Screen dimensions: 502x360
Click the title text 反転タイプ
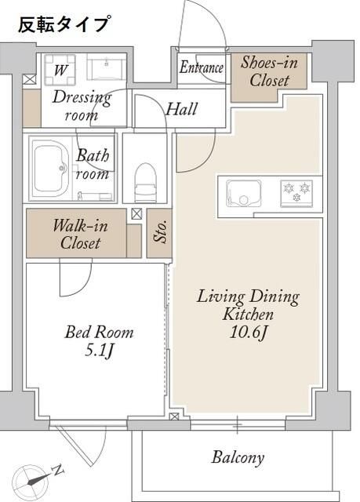64,24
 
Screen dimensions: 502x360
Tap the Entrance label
202,68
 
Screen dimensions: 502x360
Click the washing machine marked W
60,69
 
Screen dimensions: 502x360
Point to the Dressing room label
81,106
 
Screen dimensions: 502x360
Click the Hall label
181,109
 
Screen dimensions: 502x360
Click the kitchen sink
245,191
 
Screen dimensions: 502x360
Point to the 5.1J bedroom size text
99,351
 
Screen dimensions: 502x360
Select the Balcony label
238,457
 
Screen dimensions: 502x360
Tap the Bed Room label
99,333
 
